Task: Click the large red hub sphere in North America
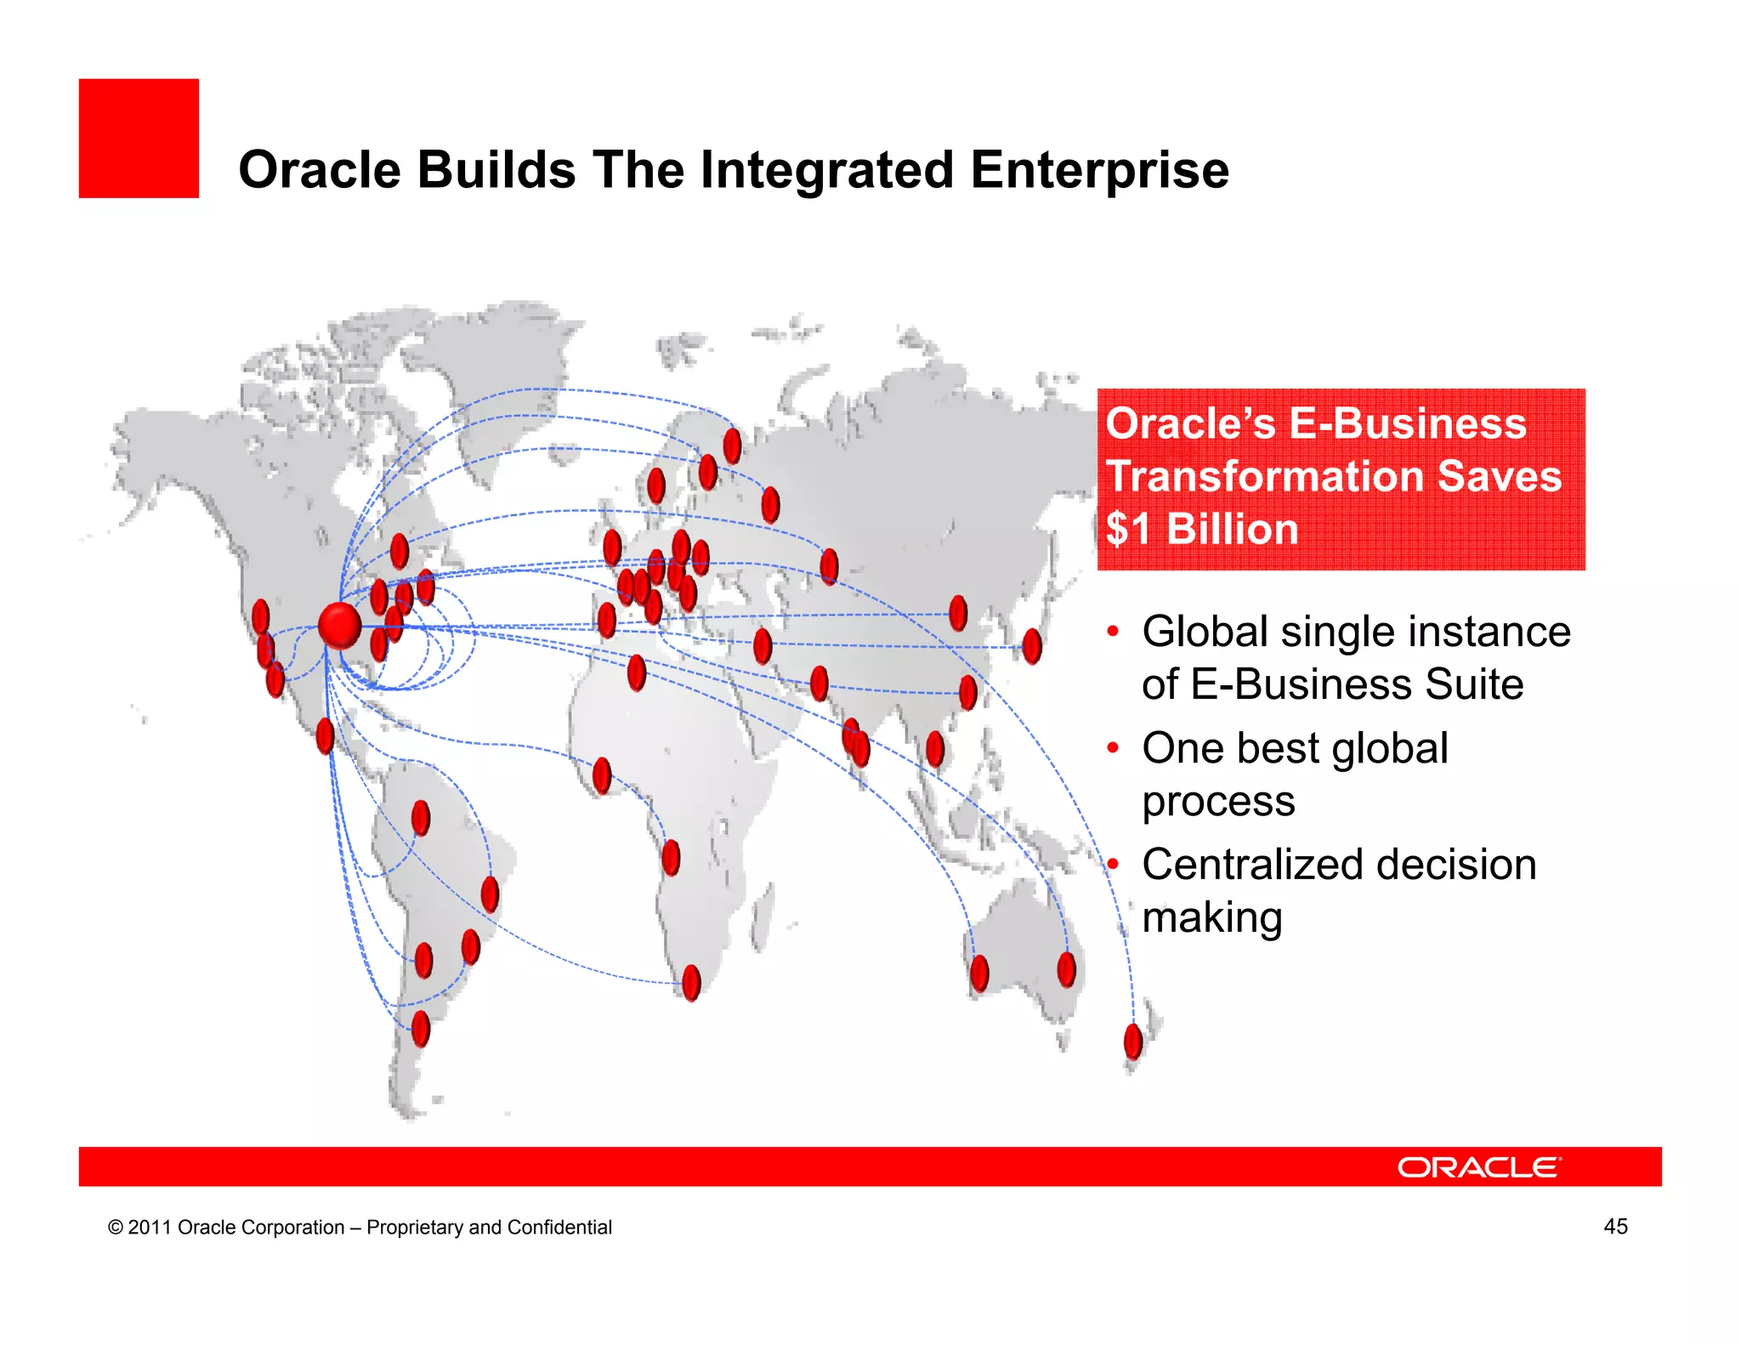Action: click(339, 626)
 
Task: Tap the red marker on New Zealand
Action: click(1132, 1041)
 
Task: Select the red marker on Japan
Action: click(1032, 646)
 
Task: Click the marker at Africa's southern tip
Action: click(691, 982)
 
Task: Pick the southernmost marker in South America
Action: click(421, 1028)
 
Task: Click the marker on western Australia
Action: click(979, 973)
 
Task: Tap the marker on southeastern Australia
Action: click(1066, 969)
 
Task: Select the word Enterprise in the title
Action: click(1099, 169)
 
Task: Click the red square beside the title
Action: click(139, 139)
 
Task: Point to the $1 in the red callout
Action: click(1127, 529)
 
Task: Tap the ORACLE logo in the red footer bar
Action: click(1478, 1167)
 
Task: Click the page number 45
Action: click(1614, 1226)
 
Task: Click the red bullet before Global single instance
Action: click(1112, 632)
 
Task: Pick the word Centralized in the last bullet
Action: click(1253, 865)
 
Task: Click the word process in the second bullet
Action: click(1217, 801)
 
